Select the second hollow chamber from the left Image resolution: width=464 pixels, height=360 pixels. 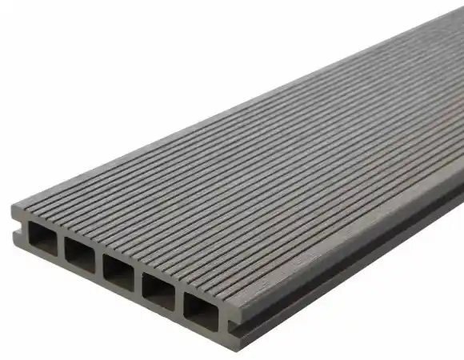pos(81,254)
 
